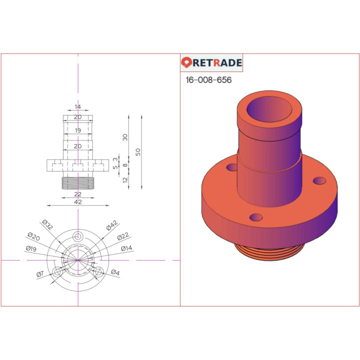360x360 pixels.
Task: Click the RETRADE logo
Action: coord(211,63)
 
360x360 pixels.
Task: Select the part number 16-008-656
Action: coord(208,80)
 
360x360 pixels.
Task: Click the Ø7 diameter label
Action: coord(40,273)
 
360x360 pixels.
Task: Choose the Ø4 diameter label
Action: coord(115,272)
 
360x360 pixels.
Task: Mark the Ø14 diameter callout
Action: coord(126,248)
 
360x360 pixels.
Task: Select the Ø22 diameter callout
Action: coord(123,237)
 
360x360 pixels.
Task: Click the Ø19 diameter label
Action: coord(31,248)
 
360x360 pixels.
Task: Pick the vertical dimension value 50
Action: coord(138,151)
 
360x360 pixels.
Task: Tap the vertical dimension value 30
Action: coord(125,137)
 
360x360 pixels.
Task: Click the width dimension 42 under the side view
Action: coord(77,202)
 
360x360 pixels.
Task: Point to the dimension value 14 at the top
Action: coord(77,107)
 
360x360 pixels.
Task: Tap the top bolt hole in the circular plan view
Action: coord(77,236)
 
